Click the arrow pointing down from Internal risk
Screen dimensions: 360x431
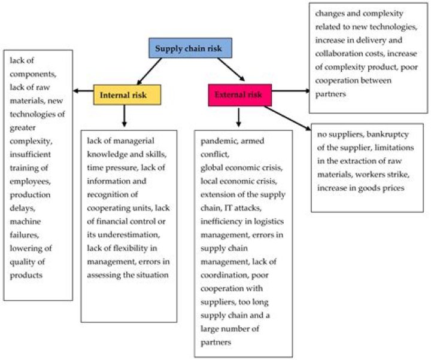(124, 116)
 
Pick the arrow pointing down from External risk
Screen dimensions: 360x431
(238, 116)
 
